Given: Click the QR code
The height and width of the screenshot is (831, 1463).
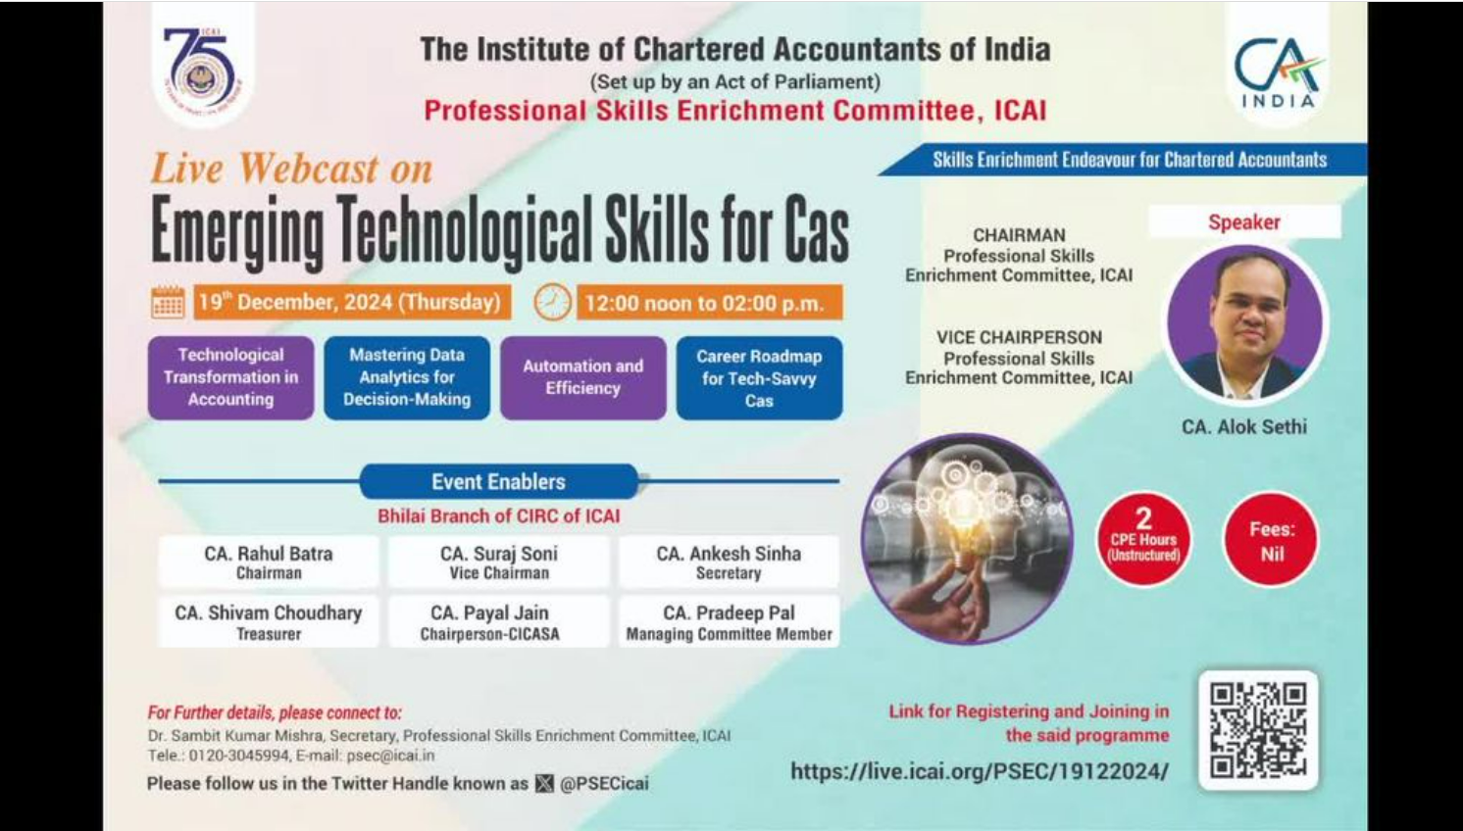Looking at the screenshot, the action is [x=1258, y=730].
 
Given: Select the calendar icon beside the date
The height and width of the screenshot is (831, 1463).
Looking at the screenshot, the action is [x=168, y=302].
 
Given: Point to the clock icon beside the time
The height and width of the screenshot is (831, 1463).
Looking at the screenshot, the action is [x=552, y=302].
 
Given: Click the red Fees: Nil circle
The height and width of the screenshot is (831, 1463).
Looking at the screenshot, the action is [x=1271, y=540].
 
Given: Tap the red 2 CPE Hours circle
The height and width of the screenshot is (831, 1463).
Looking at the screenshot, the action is [x=1143, y=539].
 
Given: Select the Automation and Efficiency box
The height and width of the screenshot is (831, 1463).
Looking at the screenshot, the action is [x=583, y=377].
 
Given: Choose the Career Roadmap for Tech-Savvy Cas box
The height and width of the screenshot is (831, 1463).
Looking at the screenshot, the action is [x=759, y=377].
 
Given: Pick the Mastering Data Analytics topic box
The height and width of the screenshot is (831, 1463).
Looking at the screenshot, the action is [x=407, y=377].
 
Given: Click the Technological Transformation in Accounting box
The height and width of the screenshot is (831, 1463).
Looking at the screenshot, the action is [x=230, y=377].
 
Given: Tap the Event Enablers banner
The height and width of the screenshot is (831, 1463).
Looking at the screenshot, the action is [x=498, y=482].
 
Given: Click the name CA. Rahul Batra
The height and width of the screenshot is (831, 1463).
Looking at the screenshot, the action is [x=269, y=554].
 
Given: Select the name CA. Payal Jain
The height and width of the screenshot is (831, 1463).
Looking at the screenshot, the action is [x=490, y=613].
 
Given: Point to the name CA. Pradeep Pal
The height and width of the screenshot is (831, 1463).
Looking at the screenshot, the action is [x=729, y=613].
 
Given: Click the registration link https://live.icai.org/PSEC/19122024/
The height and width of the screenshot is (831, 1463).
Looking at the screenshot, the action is [x=980, y=771].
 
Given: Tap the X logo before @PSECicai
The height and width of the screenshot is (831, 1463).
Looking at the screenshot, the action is [x=544, y=783].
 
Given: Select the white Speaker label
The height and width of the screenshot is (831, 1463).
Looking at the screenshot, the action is [x=1244, y=221].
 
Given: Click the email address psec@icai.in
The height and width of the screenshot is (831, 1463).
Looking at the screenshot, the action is [x=390, y=756].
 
